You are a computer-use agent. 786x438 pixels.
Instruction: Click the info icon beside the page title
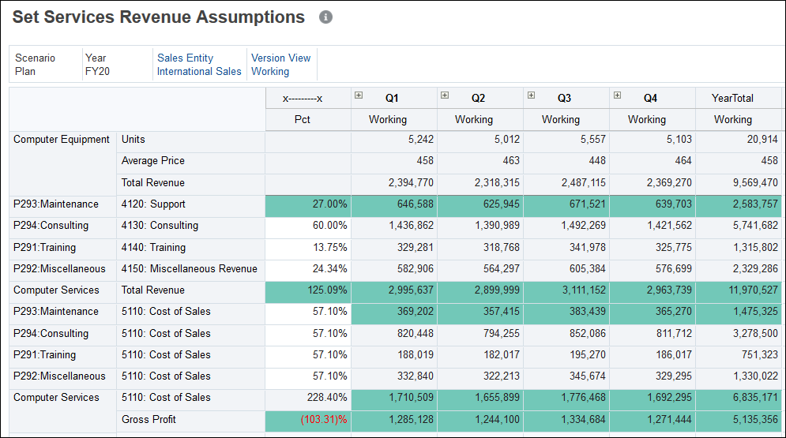coord(325,17)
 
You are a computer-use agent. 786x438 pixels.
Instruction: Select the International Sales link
coord(199,71)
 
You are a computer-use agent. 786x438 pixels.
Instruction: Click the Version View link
coord(280,58)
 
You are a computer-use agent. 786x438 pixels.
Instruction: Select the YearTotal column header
coord(732,98)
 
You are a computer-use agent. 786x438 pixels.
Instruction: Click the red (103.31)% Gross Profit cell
coord(324,419)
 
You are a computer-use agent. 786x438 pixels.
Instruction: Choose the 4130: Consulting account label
coord(160,225)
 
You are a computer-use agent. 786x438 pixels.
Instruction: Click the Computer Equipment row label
coord(62,139)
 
